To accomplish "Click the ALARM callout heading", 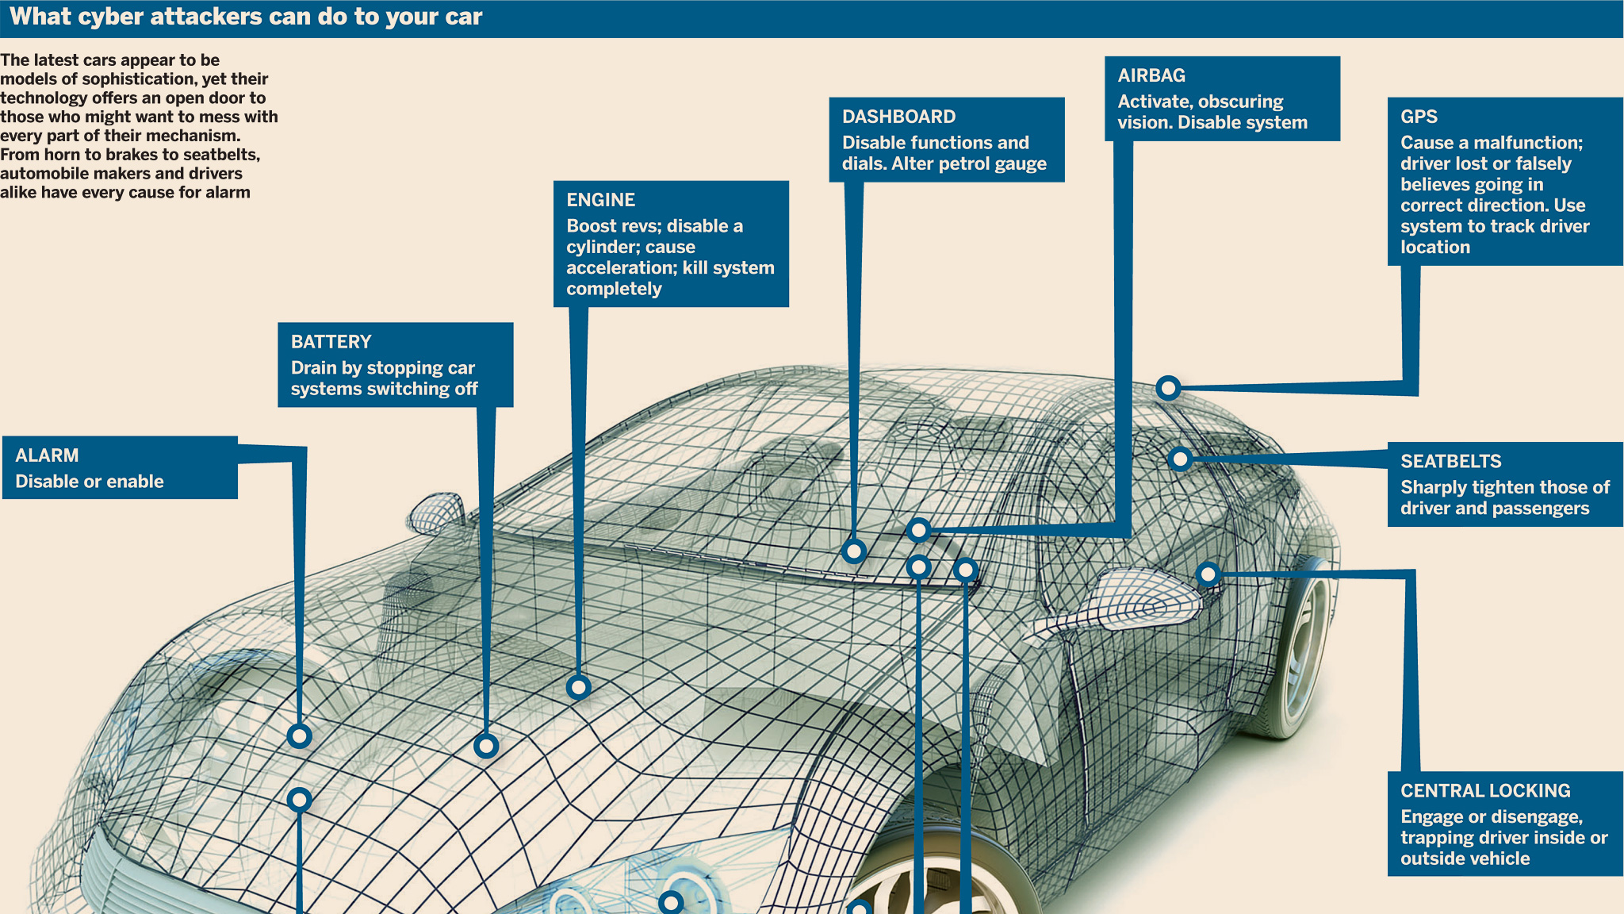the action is coord(47,455).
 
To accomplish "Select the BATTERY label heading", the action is coord(331,342).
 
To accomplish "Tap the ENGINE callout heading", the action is coord(600,200).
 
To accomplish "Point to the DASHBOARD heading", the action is coord(898,117).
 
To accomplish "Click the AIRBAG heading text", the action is coord(1151,75).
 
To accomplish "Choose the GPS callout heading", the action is coord(1419,117).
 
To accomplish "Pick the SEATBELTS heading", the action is coord(1450,461).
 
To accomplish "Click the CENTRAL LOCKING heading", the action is coord(1485,791).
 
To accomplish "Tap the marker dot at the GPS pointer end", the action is coord(1168,388).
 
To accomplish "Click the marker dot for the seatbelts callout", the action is coord(1180,459).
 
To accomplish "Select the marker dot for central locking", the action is coord(1208,574).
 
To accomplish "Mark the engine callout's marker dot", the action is coord(579,687).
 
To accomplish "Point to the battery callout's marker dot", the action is coord(486,746).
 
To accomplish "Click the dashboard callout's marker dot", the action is coord(854,551).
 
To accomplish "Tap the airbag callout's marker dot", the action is coord(918,529).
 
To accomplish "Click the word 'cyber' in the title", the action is coord(111,17).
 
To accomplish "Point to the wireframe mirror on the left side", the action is coord(435,512).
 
